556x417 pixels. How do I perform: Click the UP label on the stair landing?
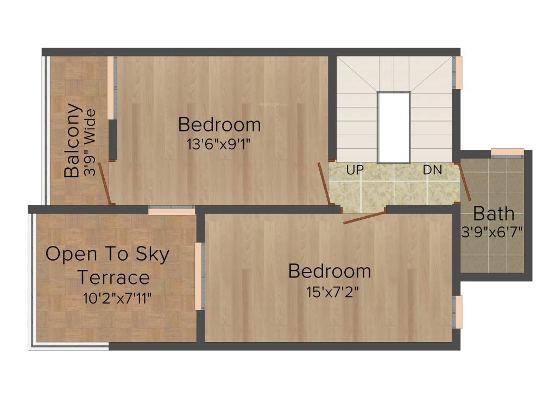pyautogui.click(x=355, y=170)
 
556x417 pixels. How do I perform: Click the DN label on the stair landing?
pyautogui.click(x=433, y=170)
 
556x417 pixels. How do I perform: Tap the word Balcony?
pyautogui.click(x=73, y=141)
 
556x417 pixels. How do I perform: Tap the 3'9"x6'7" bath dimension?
pyautogui.click(x=492, y=232)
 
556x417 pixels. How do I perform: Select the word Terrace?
pyautogui.click(x=113, y=277)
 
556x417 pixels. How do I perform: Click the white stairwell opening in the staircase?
pyautogui.click(x=393, y=127)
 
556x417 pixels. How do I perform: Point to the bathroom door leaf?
pyautogui.click(x=465, y=182)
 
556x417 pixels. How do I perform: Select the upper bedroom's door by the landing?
pyautogui.click(x=324, y=183)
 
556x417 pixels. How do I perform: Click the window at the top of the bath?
pyautogui.click(x=507, y=152)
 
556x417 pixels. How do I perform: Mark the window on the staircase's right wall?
pyautogui.click(x=458, y=72)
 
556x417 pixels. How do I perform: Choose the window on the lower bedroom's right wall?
pyautogui.click(x=458, y=312)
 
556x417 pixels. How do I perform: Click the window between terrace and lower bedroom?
pyautogui.click(x=199, y=276)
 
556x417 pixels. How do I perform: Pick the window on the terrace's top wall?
pyautogui.click(x=172, y=211)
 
